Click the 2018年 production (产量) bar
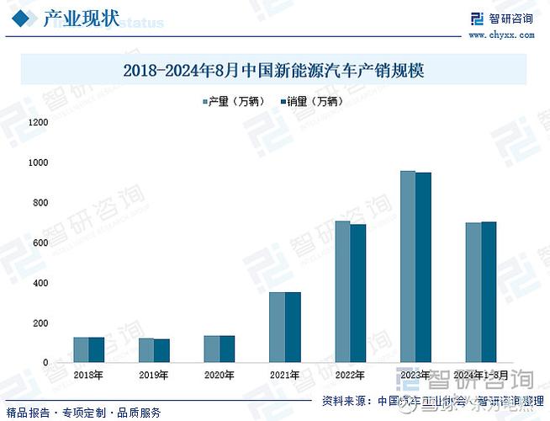coord(81,349)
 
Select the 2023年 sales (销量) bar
coord(423,267)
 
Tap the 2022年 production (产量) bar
coord(342,291)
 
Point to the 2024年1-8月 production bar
coord(473,292)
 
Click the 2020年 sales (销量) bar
coord(227,349)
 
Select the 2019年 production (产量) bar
coord(146,350)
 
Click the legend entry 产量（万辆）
coord(231,102)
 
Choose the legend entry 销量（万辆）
coord(309,102)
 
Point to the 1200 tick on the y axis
coord(39,122)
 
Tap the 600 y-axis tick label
coord(41,242)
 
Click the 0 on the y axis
coord(46,363)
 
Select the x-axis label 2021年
coord(284,375)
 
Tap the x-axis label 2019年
coord(154,375)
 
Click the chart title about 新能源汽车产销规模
coord(273,71)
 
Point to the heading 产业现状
coord(80,19)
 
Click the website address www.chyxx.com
coord(501,35)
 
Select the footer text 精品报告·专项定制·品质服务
coord(83,413)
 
